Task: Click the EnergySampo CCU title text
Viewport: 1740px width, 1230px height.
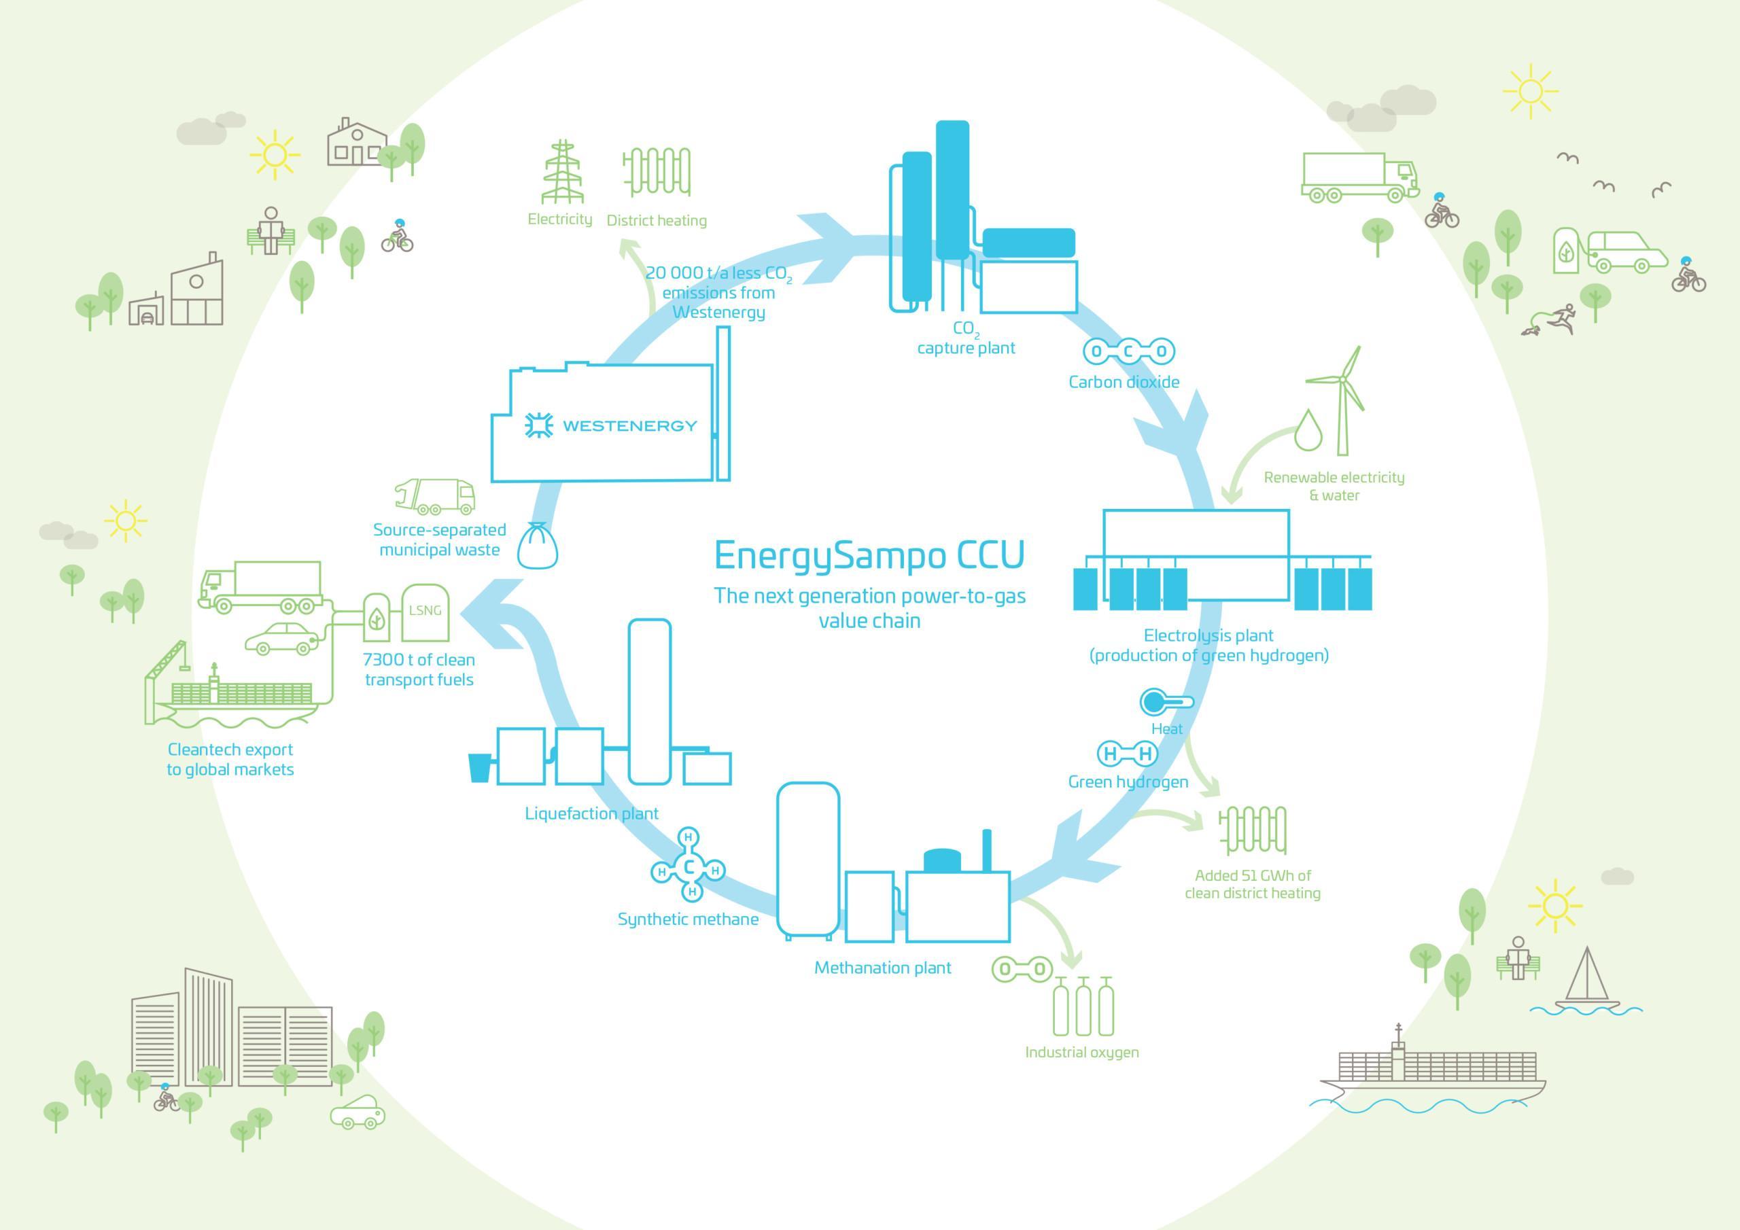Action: click(x=869, y=555)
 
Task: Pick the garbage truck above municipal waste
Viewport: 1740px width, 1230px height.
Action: click(x=436, y=496)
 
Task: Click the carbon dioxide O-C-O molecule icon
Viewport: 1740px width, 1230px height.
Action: click(x=1128, y=351)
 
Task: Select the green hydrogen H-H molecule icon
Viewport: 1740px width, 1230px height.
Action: click(x=1128, y=754)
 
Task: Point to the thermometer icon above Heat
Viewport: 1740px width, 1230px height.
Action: click(x=1166, y=702)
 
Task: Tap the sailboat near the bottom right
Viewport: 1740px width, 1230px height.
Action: click(x=1586, y=981)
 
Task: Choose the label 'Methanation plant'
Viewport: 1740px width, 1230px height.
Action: click(x=882, y=968)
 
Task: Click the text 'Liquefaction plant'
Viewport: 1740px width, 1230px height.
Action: click(x=591, y=814)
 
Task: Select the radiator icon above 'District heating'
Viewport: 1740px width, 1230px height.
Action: click(x=657, y=172)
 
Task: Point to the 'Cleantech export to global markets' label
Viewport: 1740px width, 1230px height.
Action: click(x=230, y=759)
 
